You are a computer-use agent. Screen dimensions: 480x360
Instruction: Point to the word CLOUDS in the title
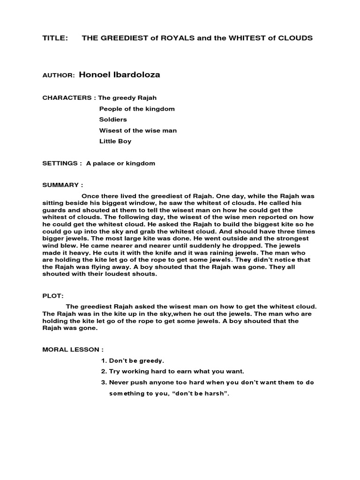(295, 38)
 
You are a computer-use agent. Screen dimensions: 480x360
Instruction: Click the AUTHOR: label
(58, 75)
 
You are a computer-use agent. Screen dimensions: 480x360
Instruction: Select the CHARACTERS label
(67, 98)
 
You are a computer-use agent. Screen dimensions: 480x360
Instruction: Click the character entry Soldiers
(113, 120)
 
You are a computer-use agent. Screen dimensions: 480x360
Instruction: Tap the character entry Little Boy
(115, 141)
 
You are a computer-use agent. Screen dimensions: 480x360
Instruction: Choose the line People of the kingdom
(137, 109)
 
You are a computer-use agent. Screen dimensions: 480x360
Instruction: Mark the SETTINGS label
(60, 164)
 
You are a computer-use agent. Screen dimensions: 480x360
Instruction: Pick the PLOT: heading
(52, 296)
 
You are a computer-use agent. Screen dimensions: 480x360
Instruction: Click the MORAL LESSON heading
(72, 350)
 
